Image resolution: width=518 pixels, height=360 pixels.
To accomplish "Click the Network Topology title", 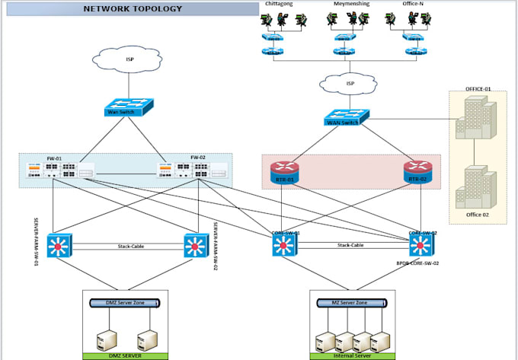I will click(x=133, y=9).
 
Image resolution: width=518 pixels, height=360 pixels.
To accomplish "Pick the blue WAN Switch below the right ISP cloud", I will click(x=346, y=119).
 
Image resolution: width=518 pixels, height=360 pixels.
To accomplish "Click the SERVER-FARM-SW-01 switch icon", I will click(x=59, y=246).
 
